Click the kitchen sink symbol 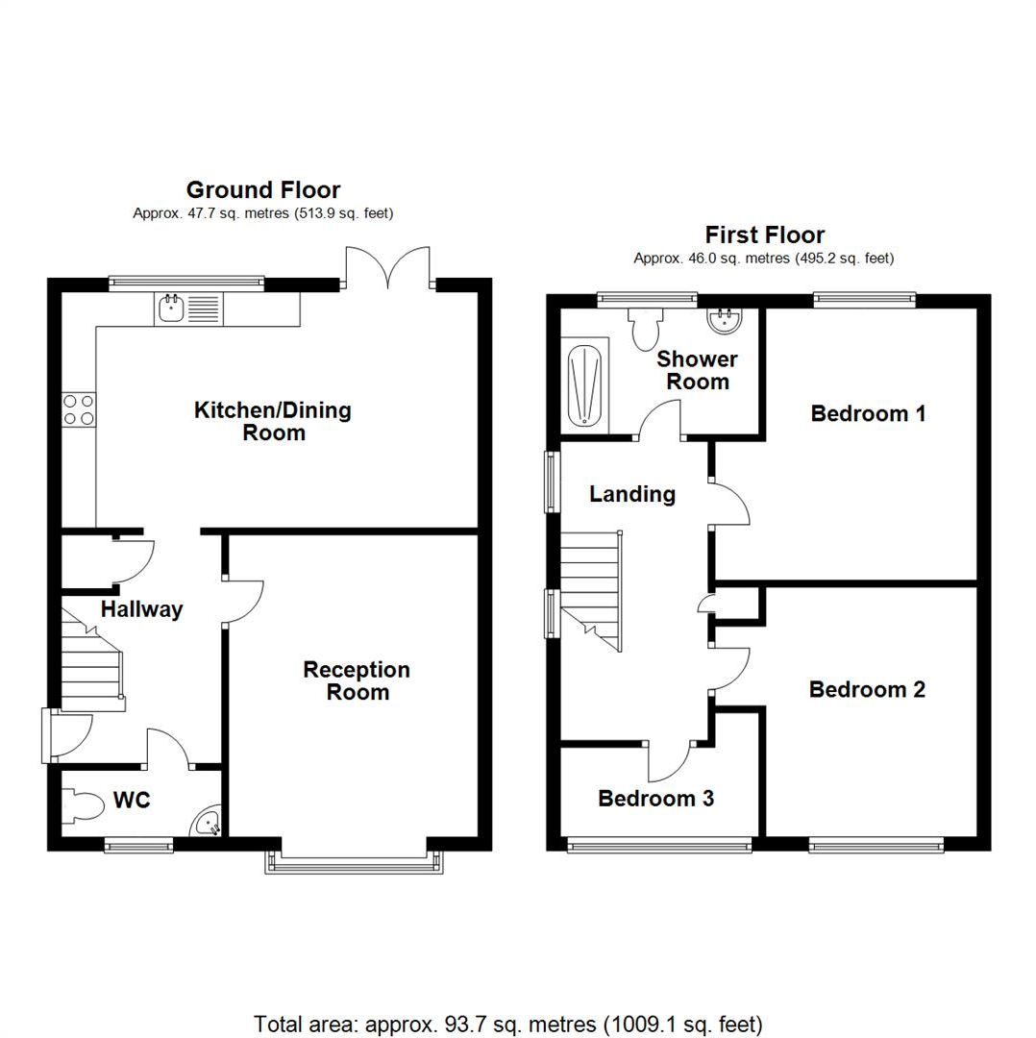171,309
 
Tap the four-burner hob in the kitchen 78,409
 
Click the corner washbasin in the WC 209,823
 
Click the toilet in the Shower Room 644,328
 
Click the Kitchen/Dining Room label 273,421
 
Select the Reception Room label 357,680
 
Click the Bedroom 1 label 868,413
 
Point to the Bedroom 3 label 655,798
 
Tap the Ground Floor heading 262,189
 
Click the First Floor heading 764,235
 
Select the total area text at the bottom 507,1024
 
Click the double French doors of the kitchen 388,269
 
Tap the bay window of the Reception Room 356,862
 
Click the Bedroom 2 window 876,845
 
